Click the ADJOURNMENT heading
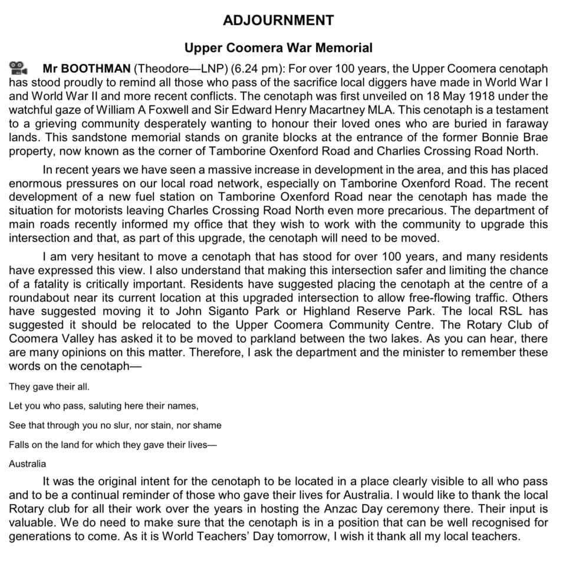[x=278, y=21]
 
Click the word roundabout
[x=40, y=297]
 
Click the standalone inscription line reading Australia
[x=27, y=464]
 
